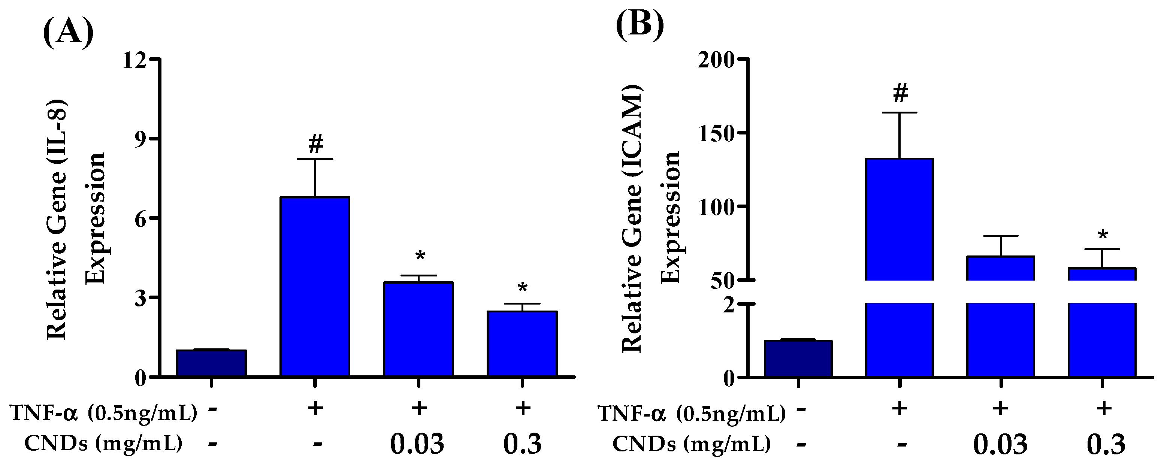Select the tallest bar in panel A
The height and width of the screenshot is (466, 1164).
pos(315,286)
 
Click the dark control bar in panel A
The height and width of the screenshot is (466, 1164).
pos(211,363)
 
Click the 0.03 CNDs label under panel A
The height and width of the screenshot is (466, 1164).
pos(417,444)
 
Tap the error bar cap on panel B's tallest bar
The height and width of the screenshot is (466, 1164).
pos(900,112)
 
